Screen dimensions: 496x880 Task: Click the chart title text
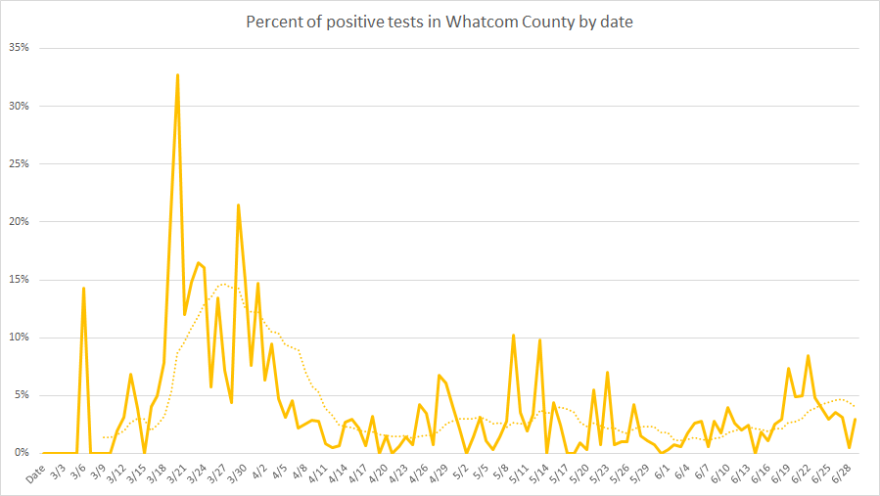[x=439, y=22]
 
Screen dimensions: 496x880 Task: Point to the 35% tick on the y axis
[x=19, y=48]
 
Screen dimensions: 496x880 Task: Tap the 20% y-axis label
[x=19, y=222]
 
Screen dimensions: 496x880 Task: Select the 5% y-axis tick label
[x=22, y=395]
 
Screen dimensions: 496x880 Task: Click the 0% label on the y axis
[x=22, y=453]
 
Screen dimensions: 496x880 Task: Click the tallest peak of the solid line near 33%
[x=177, y=74]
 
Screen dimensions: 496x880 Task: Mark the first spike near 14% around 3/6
[x=83, y=288]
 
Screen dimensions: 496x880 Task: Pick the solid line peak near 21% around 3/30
[x=238, y=205]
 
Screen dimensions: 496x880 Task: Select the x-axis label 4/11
[x=320, y=473]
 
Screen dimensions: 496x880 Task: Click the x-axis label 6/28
[x=844, y=473]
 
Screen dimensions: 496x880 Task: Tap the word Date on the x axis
[x=35, y=473]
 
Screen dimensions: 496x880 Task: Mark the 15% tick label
[x=19, y=280]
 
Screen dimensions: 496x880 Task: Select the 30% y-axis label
[x=19, y=106]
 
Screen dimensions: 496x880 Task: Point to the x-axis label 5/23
[x=602, y=473]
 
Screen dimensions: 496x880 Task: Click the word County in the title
[x=546, y=22]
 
